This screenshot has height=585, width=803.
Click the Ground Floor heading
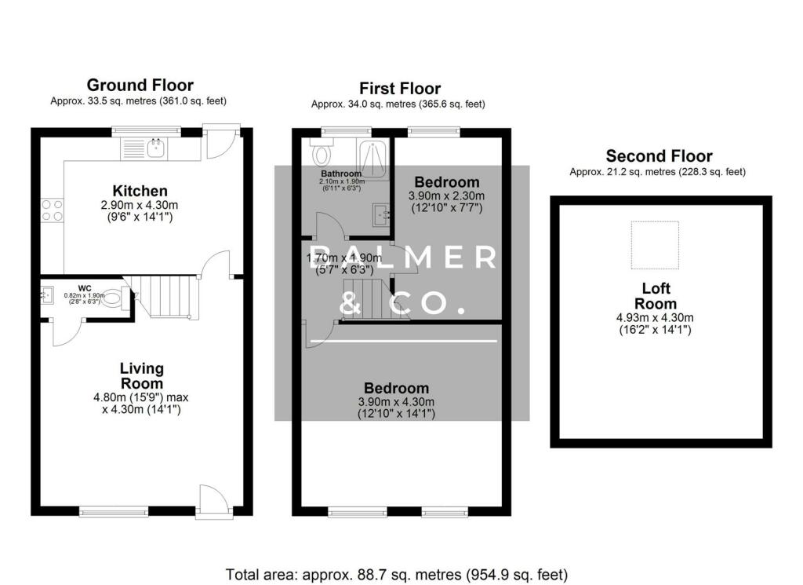tap(140, 85)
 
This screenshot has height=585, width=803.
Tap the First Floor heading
tap(400, 89)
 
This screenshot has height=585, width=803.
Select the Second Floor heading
tap(659, 156)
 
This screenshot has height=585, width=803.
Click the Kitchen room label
tap(140, 191)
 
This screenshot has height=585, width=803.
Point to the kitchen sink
tap(156, 146)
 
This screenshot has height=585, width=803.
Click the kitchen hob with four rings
tap(52, 209)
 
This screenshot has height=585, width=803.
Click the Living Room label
tap(142, 375)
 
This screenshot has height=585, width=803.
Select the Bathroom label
tap(341, 174)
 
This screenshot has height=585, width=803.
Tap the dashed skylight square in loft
tap(657, 245)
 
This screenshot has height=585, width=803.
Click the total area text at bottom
tap(397, 574)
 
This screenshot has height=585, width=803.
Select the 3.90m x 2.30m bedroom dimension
tap(446, 196)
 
